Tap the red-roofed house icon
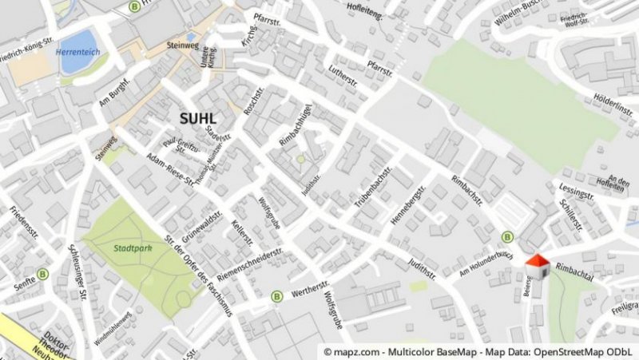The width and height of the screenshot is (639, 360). [537, 266]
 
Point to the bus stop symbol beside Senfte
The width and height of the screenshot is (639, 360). [42, 273]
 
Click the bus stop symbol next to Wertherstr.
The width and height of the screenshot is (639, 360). [277, 296]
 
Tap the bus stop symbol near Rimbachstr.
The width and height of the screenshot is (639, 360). [507, 236]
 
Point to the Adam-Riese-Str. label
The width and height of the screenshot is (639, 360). [172, 170]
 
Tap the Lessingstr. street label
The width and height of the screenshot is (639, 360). [577, 194]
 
